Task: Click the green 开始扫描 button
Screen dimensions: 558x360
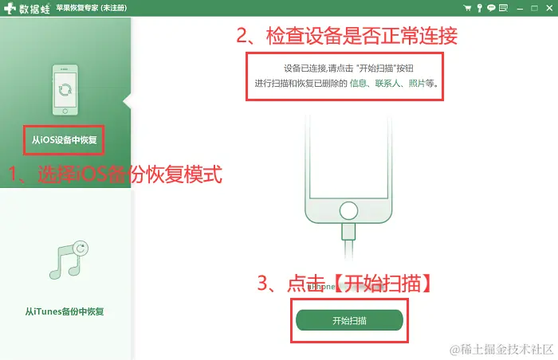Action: [349, 320]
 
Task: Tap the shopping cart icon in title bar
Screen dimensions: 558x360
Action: [467, 8]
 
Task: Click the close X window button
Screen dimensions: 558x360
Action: [549, 8]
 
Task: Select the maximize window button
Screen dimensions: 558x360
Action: [534, 8]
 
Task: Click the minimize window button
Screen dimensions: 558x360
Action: [520, 9]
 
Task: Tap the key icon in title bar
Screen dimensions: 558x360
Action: [479, 8]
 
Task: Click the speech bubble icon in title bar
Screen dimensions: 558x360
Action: [491, 8]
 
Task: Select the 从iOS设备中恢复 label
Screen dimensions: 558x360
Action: [65, 140]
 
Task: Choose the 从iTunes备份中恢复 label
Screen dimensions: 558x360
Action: [65, 311]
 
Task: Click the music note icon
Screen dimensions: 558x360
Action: [69, 260]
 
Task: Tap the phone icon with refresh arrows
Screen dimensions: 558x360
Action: [65, 90]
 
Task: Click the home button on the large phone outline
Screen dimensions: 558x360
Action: [348, 210]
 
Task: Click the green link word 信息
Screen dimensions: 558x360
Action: [358, 84]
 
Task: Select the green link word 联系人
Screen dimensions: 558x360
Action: [387, 84]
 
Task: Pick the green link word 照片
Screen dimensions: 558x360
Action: [417, 84]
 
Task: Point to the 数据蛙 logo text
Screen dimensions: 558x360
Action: [34, 9]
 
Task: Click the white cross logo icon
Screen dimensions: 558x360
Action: [10, 8]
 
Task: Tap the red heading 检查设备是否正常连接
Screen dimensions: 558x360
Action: [362, 36]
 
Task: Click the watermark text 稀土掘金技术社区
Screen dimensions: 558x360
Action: [507, 350]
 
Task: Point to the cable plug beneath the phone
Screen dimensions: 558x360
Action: [348, 232]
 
